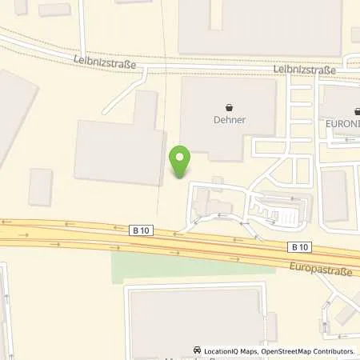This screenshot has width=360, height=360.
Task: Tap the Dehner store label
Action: pos(230,120)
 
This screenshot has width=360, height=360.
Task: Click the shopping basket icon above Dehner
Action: pos(230,107)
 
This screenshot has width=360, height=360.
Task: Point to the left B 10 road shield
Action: pos(140,230)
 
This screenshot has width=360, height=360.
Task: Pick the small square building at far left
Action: pos(40,186)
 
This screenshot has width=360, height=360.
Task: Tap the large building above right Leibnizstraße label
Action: pos(260,28)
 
